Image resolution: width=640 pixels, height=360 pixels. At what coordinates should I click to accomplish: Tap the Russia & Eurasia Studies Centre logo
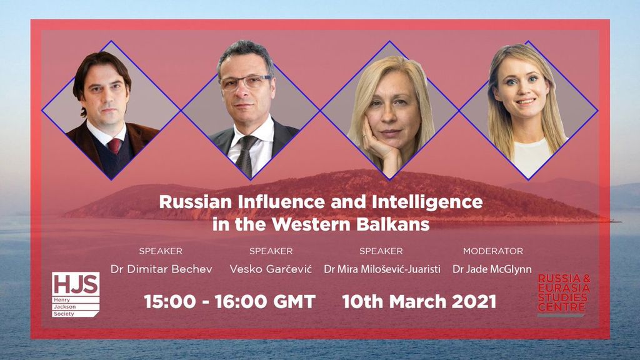[x=564, y=295]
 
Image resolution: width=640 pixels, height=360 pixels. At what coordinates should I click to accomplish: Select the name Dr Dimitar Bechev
[x=162, y=269]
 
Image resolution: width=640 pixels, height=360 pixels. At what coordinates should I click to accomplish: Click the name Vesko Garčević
[x=271, y=269]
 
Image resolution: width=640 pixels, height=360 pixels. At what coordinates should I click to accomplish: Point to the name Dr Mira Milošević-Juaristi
[x=382, y=269]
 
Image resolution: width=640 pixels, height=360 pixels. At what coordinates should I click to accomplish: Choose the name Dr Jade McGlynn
[x=492, y=269]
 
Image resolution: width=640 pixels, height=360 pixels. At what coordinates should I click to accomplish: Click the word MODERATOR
[x=493, y=251]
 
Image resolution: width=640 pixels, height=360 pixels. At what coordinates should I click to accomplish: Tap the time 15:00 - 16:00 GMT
[x=230, y=302]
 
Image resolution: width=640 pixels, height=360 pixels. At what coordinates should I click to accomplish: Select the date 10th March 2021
[x=419, y=302]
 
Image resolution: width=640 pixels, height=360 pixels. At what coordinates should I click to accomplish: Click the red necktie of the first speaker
[x=114, y=146]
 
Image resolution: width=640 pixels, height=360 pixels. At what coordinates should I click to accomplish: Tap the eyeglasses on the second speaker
[x=246, y=82]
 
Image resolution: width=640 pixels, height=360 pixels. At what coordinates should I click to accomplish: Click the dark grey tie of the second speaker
[x=246, y=156]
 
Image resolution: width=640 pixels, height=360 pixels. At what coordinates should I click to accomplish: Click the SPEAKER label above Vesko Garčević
[x=271, y=251]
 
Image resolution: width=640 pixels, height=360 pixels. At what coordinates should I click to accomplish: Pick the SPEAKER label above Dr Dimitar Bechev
[x=161, y=251]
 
